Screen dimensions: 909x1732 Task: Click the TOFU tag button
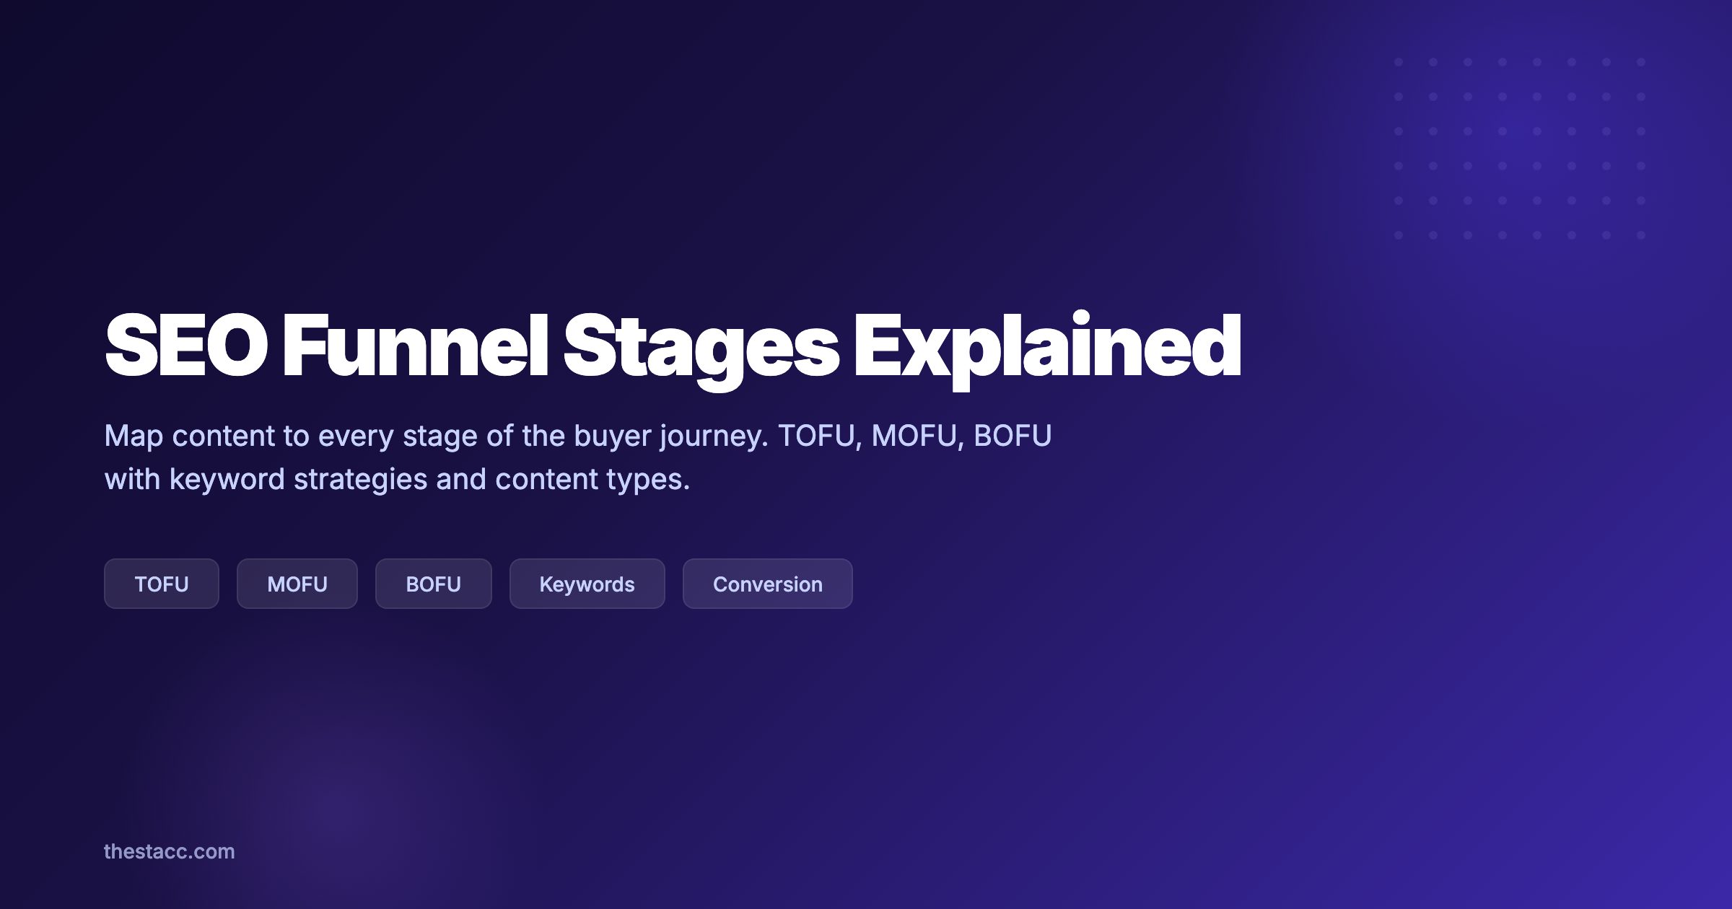point(162,584)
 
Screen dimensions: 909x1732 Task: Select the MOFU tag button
point(297,584)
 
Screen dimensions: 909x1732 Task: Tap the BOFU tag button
point(434,584)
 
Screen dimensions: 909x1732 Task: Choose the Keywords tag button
point(587,584)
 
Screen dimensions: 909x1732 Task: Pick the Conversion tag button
point(768,584)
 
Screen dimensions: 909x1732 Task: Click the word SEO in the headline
point(186,346)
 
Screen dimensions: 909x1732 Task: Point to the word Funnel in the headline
point(416,346)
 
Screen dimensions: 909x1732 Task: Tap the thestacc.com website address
point(170,851)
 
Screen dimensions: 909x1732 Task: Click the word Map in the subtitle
point(134,436)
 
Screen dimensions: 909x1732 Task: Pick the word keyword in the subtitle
point(227,480)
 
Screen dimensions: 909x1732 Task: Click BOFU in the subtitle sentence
point(1012,436)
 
